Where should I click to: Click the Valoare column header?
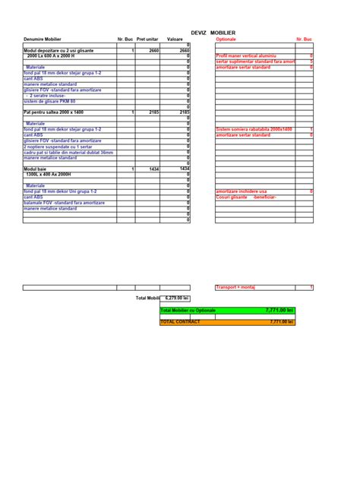point(175,39)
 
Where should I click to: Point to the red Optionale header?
point(226,39)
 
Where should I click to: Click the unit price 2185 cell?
point(153,112)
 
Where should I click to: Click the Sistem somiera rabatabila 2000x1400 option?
point(254,130)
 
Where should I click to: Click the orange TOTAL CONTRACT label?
point(181,322)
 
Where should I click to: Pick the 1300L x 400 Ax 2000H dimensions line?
point(48,174)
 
